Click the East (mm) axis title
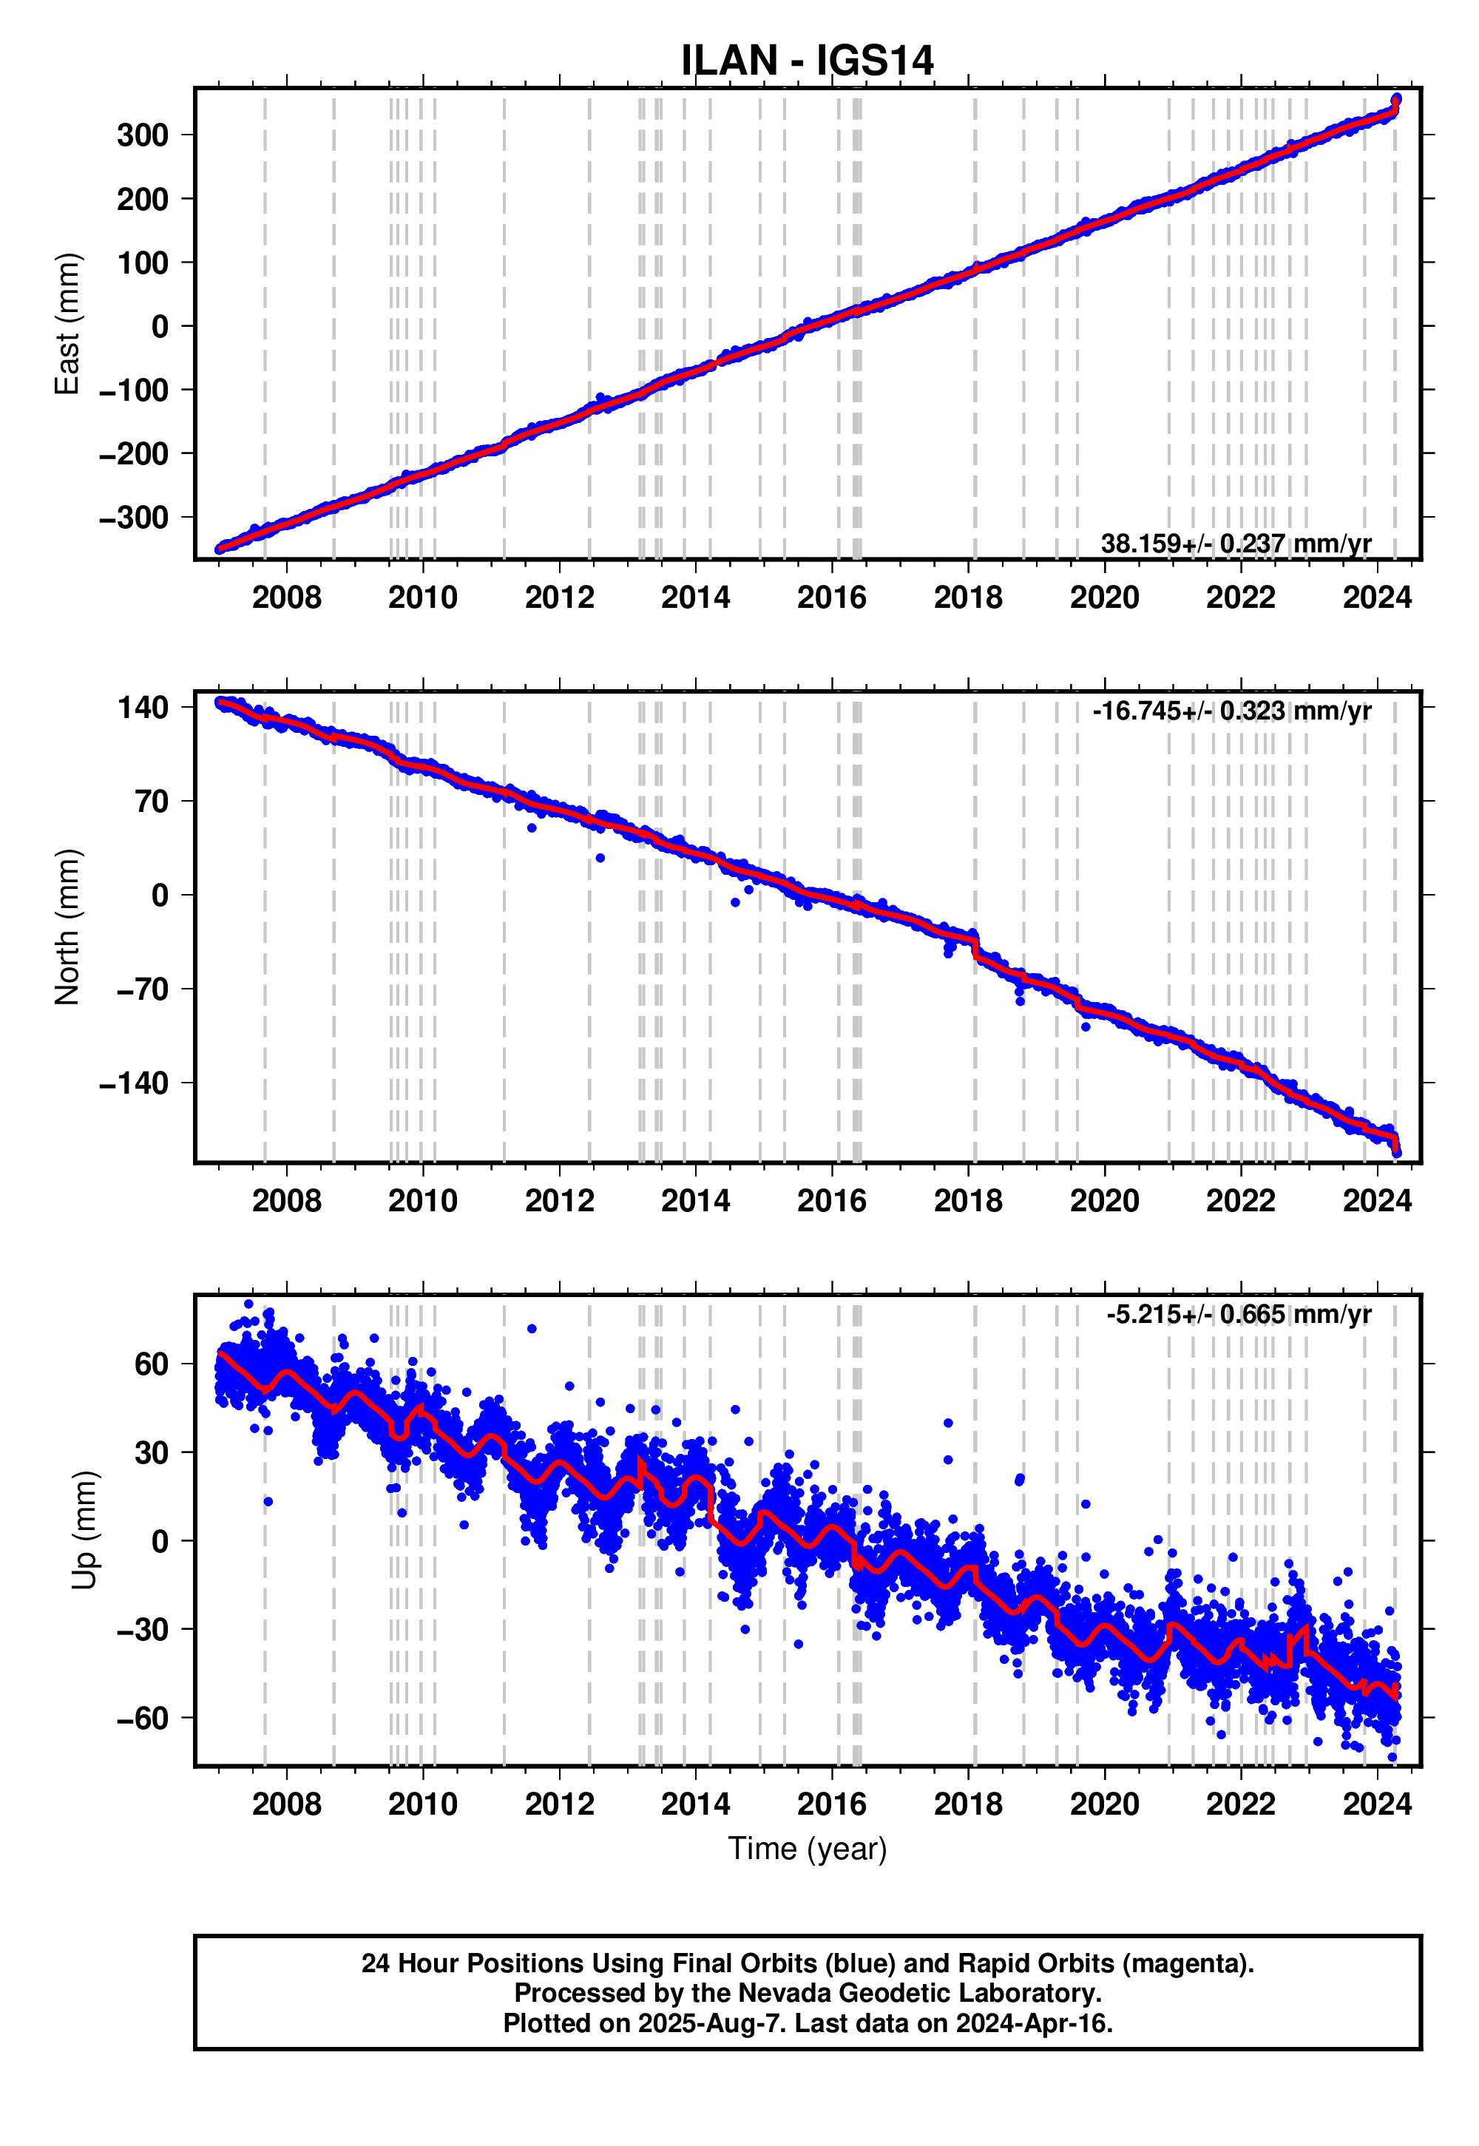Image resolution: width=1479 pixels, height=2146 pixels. tap(67, 325)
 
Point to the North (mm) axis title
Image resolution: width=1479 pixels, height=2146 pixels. tap(67, 927)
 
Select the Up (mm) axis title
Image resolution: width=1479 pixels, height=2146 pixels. tap(84, 1531)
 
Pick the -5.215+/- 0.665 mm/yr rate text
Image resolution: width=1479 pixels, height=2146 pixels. tap(1238, 1314)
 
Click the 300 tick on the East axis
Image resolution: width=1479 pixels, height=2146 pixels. tap(143, 135)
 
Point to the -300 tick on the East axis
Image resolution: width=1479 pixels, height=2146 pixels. tap(135, 518)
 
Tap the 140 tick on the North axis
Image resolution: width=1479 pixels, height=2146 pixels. tap(143, 708)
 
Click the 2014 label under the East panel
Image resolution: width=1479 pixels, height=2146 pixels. tap(695, 598)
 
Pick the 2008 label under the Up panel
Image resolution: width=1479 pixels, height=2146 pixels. tap(286, 1804)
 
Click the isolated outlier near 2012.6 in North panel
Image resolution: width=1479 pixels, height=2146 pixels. tap(600, 858)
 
